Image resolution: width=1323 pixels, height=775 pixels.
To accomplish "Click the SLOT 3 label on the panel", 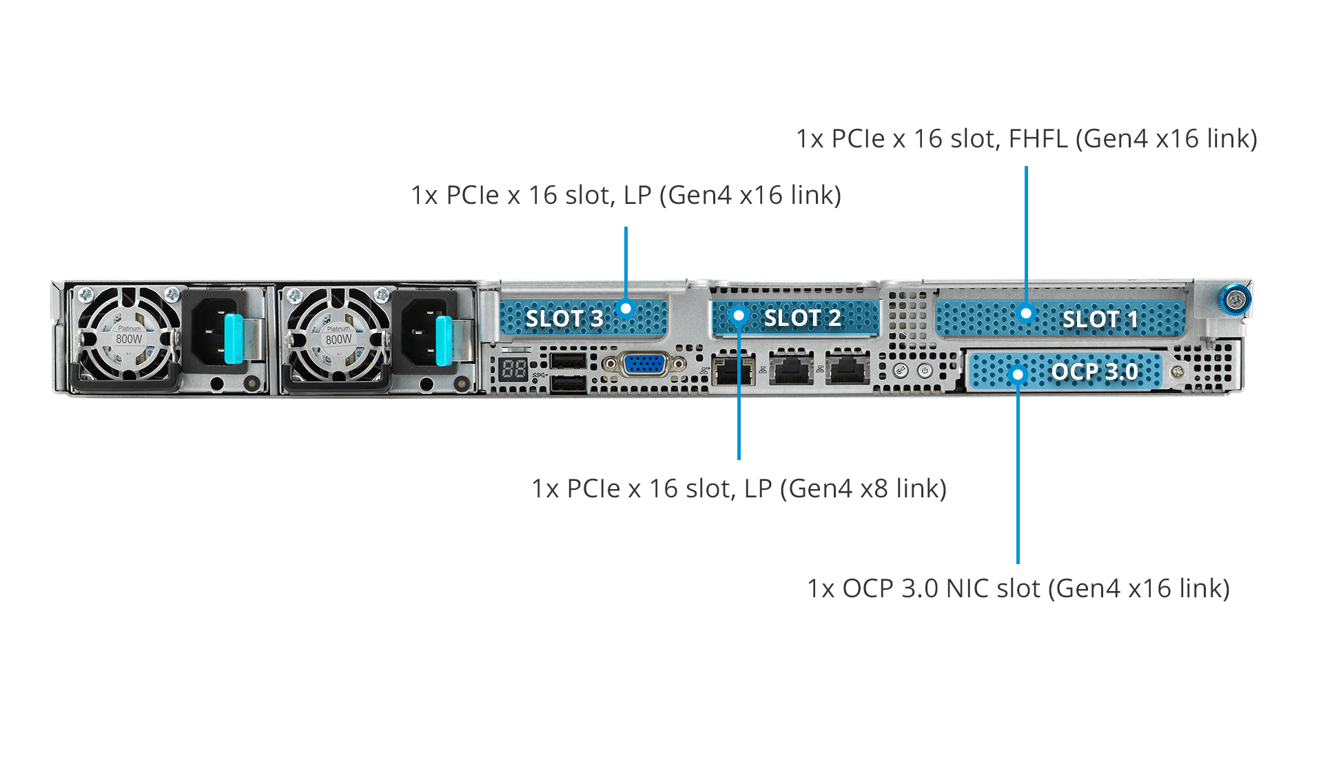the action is pyautogui.click(x=564, y=318).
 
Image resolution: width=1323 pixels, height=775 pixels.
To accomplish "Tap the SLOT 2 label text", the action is pyautogui.click(x=802, y=318).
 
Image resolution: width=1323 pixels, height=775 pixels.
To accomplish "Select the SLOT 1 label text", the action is pyautogui.click(x=1100, y=319).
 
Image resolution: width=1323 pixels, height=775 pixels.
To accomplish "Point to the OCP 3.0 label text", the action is pyautogui.click(x=1094, y=372).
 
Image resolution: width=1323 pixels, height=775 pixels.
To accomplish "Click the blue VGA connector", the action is pyautogui.click(x=644, y=363).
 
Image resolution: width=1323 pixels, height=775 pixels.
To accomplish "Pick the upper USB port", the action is pyautogui.click(x=568, y=361).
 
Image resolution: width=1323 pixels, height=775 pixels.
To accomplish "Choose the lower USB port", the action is pyautogui.click(x=568, y=384).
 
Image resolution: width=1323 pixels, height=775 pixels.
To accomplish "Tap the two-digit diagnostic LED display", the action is pyautogui.click(x=514, y=369).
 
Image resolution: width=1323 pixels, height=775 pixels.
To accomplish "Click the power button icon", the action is pyautogui.click(x=925, y=371).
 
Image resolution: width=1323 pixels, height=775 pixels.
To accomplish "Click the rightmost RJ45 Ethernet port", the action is pyautogui.click(x=848, y=369).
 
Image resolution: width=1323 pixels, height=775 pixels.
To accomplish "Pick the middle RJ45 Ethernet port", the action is pyautogui.click(x=790, y=369).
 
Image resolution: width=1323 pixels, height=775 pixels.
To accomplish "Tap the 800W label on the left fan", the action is pyautogui.click(x=129, y=339).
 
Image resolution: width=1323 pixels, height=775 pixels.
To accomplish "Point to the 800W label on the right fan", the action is pyautogui.click(x=338, y=339).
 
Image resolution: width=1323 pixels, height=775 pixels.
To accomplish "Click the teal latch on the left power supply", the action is pyautogui.click(x=233, y=338).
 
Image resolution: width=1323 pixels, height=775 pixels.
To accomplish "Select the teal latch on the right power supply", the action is pyautogui.click(x=443, y=340).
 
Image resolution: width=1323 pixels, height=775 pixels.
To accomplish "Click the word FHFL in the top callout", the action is pyautogui.click(x=1038, y=138).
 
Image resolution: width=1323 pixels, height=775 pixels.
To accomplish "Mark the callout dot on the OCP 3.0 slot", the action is pyautogui.click(x=1018, y=374).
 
